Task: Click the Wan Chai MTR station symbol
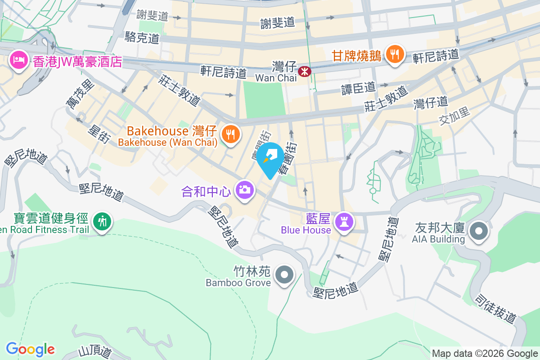pyautogui.click(x=305, y=71)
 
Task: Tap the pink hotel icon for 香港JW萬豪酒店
pyautogui.click(x=18, y=60)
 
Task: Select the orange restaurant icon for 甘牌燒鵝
pyautogui.click(x=395, y=55)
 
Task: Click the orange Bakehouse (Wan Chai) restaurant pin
pyautogui.click(x=230, y=135)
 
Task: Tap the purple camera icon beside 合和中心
pyautogui.click(x=245, y=190)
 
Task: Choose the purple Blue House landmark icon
pyautogui.click(x=345, y=222)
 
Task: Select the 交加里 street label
pyautogui.click(x=455, y=115)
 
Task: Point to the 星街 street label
pyautogui.click(x=98, y=134)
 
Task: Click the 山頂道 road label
pyautogui.click(x=95, y=351)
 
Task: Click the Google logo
pyautogui.click(x=30, y=349)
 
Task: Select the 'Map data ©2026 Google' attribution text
pyautogui.click(x=485, y=353)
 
